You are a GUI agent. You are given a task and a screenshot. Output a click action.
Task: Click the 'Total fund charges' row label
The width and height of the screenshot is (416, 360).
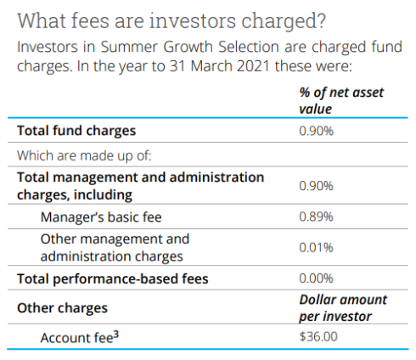click(74, 132)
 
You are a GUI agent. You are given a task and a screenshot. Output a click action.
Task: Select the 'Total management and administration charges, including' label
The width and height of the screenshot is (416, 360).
click(140, 185)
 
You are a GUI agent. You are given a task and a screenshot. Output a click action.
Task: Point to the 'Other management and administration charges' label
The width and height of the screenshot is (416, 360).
click(115, 247)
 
